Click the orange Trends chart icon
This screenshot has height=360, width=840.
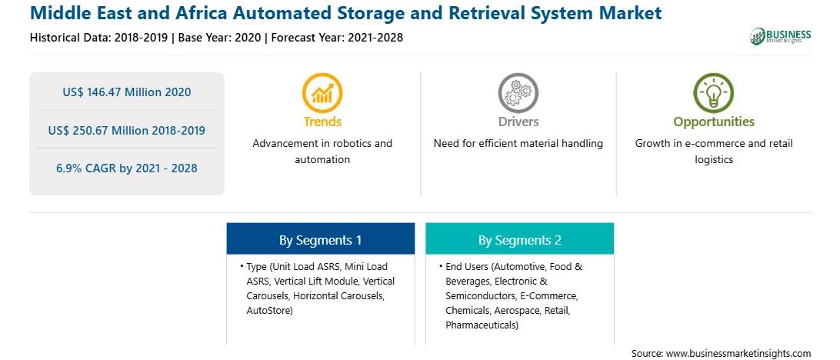(x=322, y=92)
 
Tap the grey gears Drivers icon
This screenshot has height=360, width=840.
(x=518, y=92)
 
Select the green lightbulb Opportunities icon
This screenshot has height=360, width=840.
(x=714, y=92)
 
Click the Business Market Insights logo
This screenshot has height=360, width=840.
(x=781, y=36)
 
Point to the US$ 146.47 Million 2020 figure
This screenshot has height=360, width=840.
(x=126, y=92)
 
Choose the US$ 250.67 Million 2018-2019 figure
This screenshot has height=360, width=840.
(x=126, y=130)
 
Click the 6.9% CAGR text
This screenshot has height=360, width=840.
(x=126, y=168)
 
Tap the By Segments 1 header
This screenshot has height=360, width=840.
(x=320, y=241)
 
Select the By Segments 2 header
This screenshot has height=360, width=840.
(x=520, y=241)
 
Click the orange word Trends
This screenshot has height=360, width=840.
(x=322, y=122)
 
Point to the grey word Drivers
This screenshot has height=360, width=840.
(x=518, y=122)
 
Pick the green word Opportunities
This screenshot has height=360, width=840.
(x=714, y=122)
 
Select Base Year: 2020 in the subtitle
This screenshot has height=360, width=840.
(x=220, y=38)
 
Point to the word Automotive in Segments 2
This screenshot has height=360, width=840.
(x=520, y=266)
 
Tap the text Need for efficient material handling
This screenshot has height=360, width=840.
(x=518, y=144)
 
